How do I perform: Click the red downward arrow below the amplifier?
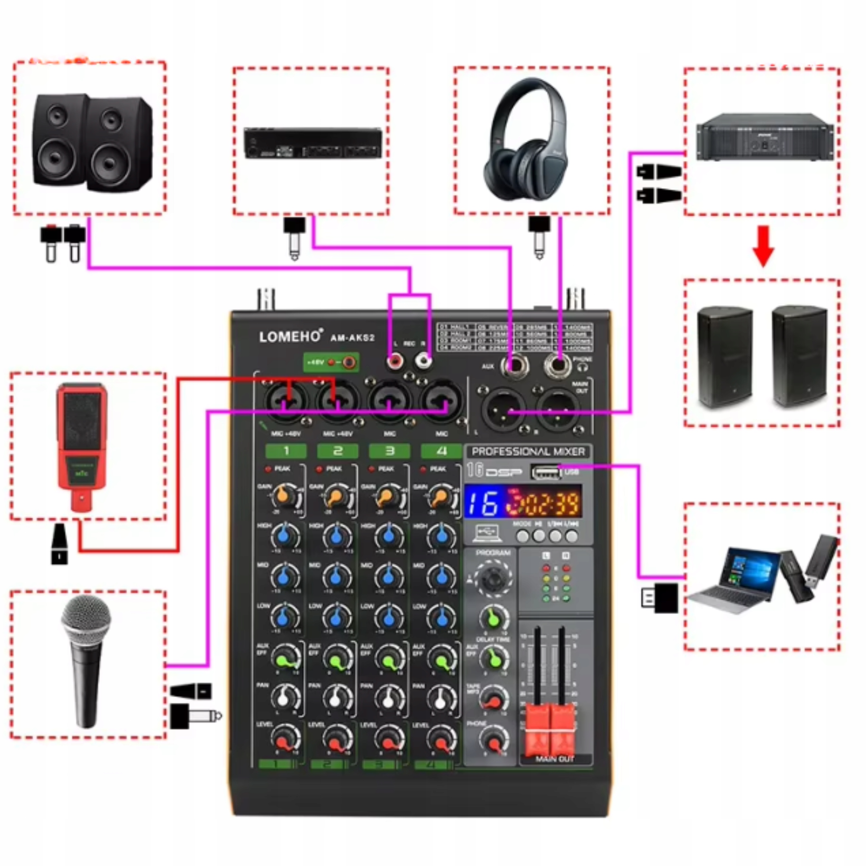pos(763,246)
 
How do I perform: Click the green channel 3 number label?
pos(389,451)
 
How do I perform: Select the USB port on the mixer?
pos(546,472)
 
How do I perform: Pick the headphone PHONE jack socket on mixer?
pos(558,365)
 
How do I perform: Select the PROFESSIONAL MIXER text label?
pos(528,451)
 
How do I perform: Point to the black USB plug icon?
pos(660,597)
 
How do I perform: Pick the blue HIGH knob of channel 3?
pos(389,535)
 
